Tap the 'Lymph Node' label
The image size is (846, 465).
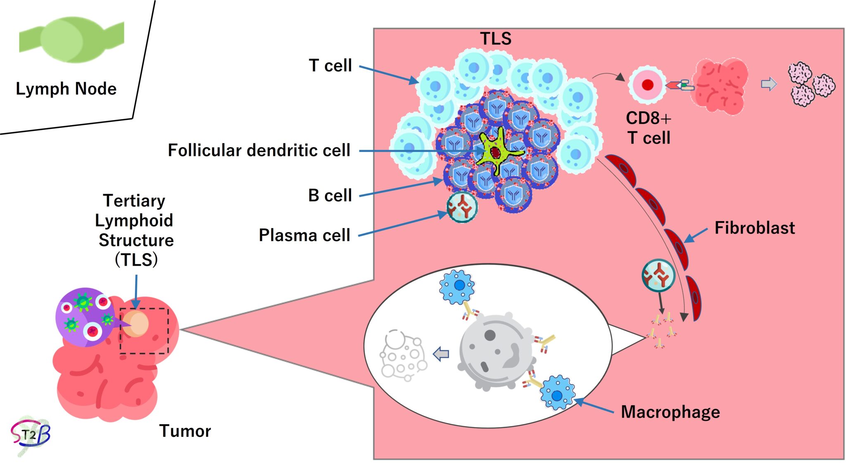coord(66,89)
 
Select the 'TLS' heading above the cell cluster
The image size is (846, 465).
coord(496,39)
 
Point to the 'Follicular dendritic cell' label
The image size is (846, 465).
coord(259,151)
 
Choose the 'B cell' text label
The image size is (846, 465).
coord(330,196)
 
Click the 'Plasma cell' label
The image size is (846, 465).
coord(304,235)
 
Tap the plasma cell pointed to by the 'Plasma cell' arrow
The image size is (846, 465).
coord(462,207)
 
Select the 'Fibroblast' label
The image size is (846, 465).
coord(755,228)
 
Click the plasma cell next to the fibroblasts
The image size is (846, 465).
coord(658,275)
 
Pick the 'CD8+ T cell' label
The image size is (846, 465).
coord(649,128)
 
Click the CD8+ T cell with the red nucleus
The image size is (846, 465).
coord(647,85)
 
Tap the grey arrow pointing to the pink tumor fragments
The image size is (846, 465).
coord(769,84)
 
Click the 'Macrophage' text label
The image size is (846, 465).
coord(670,412)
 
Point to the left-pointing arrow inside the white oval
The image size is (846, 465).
coord(441,354)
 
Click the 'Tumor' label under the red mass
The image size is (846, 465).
coord(185,431)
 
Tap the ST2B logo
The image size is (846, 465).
coord(31,434)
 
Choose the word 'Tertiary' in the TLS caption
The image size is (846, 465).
coord(134,201)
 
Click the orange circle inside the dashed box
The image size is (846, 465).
coord(135,324)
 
